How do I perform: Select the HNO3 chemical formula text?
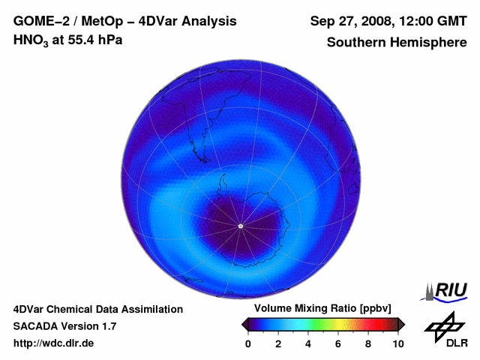(31, 40)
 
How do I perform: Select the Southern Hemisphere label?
(397, 42)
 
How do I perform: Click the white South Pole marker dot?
(240, 226)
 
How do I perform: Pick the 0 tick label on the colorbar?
(248, 343)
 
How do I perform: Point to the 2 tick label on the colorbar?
(278, 343)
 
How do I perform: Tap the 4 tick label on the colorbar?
(308, 343)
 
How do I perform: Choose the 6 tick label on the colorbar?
(338, 343)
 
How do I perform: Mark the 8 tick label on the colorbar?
(368, 343)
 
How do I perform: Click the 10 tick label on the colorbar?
(398, 343)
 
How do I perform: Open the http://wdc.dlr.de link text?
(54, 343)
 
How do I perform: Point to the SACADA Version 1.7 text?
(64, 326)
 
